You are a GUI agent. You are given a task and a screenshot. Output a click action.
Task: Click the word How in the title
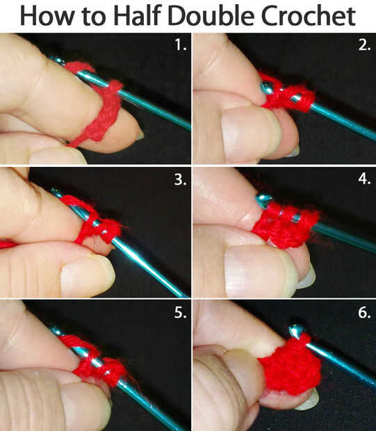point(47,16)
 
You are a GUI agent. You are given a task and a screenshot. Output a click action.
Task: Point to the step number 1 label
point(180,44)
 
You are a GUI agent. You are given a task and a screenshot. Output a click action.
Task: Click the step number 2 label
point(364,44)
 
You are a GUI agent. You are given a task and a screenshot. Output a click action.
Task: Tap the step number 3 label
point(180,179)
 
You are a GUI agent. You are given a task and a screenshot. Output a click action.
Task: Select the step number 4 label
point(364,179)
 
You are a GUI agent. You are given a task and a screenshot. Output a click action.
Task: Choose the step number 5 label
point(180,313)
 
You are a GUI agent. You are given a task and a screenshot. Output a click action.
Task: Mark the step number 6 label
point(364,313)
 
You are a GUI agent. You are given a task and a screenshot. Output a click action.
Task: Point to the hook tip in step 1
point(57,59)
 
